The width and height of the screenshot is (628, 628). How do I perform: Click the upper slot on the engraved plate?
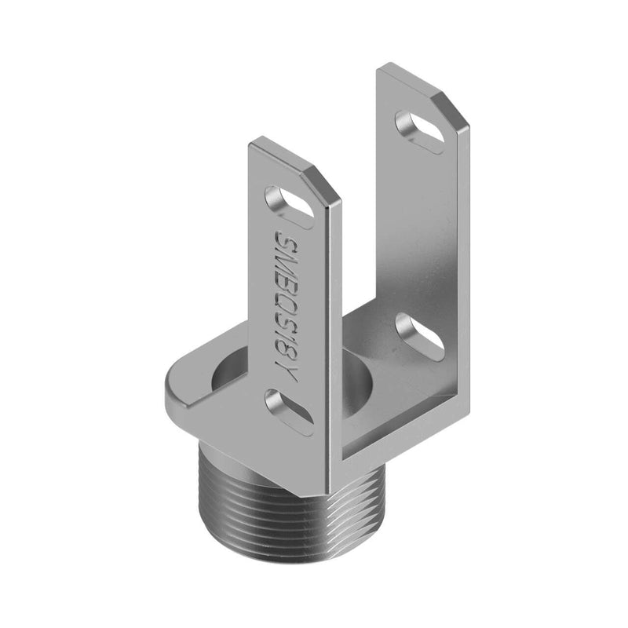[288, 202]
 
